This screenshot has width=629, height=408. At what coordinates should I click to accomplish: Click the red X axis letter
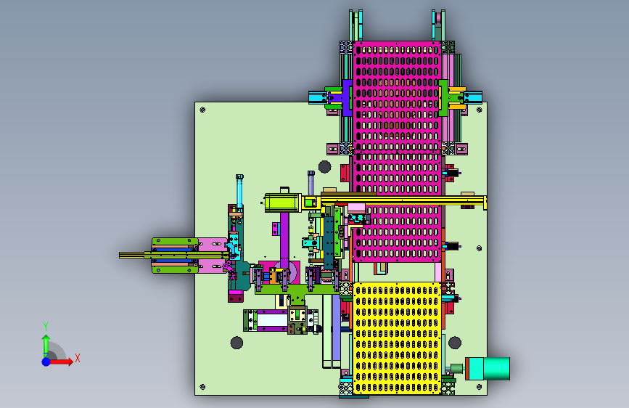coord(78,358)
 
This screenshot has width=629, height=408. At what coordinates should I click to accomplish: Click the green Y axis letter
coord(46,327)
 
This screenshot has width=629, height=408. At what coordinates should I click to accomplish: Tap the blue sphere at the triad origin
coord(46,362)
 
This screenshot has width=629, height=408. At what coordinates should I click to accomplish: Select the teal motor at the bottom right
coord(488,369)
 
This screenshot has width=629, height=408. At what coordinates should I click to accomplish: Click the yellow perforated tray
coord(397,338)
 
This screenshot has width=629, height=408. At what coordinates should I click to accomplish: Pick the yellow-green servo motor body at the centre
coord(283,203)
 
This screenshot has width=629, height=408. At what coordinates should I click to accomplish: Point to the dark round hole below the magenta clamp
coord(324,166)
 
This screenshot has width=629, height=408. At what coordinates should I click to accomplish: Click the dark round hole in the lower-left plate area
coord(237,343)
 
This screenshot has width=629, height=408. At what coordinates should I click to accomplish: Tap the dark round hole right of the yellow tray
coord(454,343)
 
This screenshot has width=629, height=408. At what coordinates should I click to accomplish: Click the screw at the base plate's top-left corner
coord(202,110)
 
